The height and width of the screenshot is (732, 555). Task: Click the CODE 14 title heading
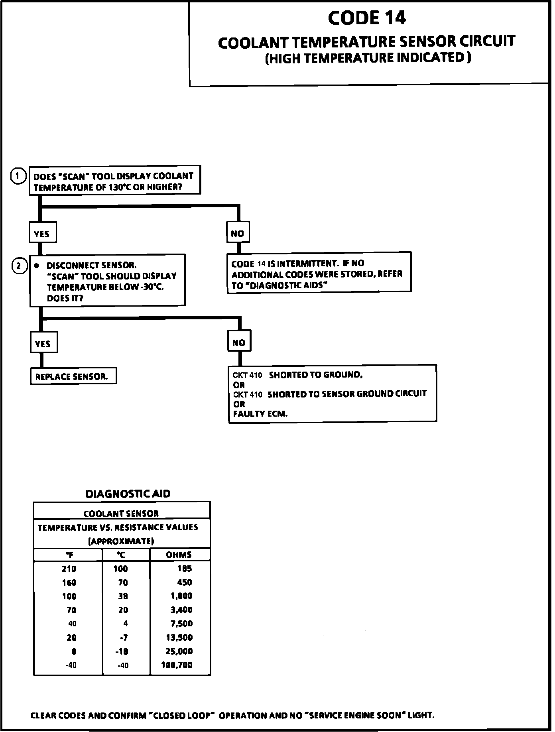tap(367, 18)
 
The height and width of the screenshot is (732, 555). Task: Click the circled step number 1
tap(18, 176)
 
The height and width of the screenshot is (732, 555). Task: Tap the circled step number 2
tap(19, 266)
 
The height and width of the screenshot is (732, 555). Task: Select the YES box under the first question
tap(42, 233)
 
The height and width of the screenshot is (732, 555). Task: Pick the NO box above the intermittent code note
tap(238, 233)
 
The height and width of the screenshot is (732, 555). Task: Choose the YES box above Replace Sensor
tap(43, 343)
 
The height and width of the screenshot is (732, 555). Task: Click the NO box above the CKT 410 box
tap(239, 342)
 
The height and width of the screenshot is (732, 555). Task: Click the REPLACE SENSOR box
tap(73, 376)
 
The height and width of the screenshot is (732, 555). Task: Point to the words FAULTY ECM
tap(260, 414)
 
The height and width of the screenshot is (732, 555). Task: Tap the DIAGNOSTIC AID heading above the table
tap(128, 494)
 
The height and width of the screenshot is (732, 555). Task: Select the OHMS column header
tap(179, 555)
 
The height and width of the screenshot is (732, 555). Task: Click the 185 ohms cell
tap(185, 569)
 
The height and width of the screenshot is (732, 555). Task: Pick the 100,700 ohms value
tap(177, 665)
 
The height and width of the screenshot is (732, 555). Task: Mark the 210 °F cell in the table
tap(69, 569)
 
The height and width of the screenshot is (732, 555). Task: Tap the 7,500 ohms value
tap(181, 624)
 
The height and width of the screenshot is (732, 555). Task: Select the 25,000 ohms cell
tap(179, 651)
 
